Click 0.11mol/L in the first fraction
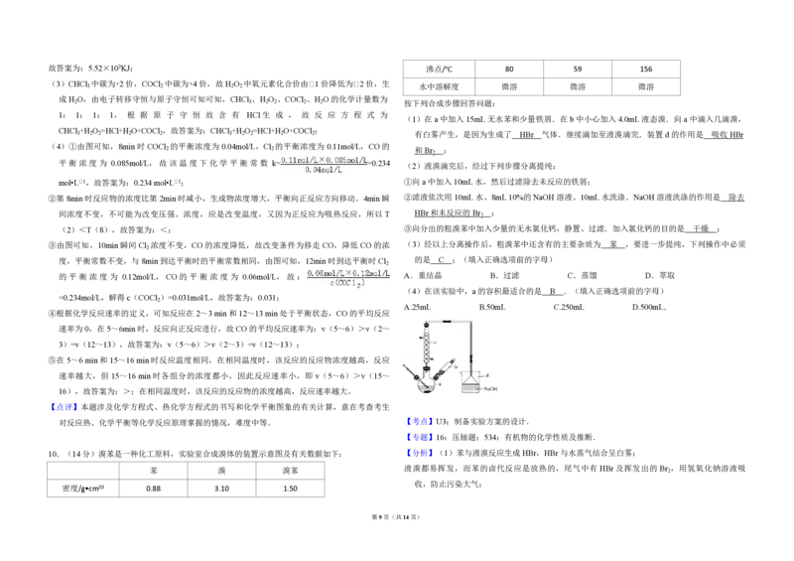[x=295, y=159]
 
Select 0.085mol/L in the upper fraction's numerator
[x=348, y=159]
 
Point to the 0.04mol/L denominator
[x=324, y=170]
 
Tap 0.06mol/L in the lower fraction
[x=324, y=272]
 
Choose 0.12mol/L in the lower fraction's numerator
[x=372, y=272]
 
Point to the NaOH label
[x=489, y=387]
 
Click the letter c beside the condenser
[x=438, y=343]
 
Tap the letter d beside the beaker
[x=485, y=374]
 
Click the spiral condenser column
[x=428, y=347]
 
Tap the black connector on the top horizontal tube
[x=448, y=322]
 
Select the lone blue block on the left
[x=64, y=405]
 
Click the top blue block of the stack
[x=420, y=421]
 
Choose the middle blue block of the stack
[x=420, y=437]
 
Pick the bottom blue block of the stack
[x=420, y=453]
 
